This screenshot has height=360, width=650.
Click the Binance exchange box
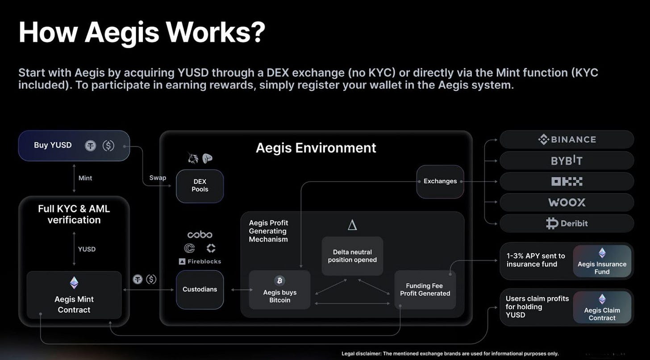click(x=567, y=140)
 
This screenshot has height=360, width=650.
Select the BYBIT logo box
click(x=567, y=161)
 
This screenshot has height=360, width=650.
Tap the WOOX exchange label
click(x=567, y=202)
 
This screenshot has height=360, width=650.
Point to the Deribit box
click(x=567, y=223)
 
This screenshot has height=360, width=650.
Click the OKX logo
click(x=567, y=182)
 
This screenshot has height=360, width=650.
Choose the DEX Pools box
click(x=200, y=186)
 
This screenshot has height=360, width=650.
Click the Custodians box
click(x=200, y=290)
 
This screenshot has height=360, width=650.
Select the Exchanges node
click(x=440, y=181)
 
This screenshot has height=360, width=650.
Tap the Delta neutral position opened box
click(x=352, y=256)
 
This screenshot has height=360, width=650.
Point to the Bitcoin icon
click(x=279, y=281)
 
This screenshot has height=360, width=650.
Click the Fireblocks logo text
click(x=204, y=261)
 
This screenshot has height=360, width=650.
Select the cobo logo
click(x=200, y=235)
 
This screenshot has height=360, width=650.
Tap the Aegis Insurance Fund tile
click(x=602, y=261)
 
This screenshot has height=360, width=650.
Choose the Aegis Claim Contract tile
click(x=602, y=307)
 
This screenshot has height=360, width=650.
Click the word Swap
click(x=158, y=178)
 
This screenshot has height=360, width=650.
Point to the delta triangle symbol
click(x=352, y=225)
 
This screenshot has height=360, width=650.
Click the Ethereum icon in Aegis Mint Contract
click(x=74, y=282)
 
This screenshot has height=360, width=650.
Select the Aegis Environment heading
click(x=316, y=148)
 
